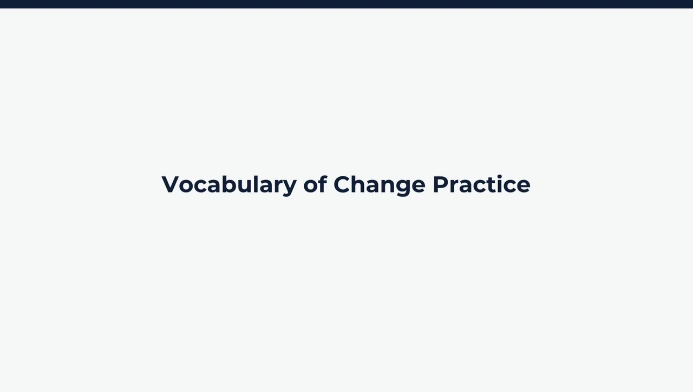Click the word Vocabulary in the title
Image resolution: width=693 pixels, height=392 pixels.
click(x=229, y=185)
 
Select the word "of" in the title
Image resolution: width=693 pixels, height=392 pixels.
click(x=315, y=184)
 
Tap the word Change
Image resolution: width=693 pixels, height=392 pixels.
click(x=379, y=185)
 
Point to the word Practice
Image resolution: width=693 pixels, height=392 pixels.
click(x=481, y=184)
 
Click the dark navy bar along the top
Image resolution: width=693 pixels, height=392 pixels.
click(x=346, y=4)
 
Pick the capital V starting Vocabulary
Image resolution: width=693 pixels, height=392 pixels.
click(x=171, y=184)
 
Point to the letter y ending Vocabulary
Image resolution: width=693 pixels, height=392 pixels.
click(x=289, y=187)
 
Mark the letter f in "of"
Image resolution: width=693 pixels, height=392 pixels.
click(x=322, y=184)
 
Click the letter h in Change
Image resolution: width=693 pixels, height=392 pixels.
click(x=361, y=184)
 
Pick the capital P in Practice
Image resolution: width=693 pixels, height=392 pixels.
click(x=441, y=184)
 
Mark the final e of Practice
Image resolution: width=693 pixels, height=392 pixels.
click(x=523, y=185)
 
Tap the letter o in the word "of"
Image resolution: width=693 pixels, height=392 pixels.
click(x=311, y=185)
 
